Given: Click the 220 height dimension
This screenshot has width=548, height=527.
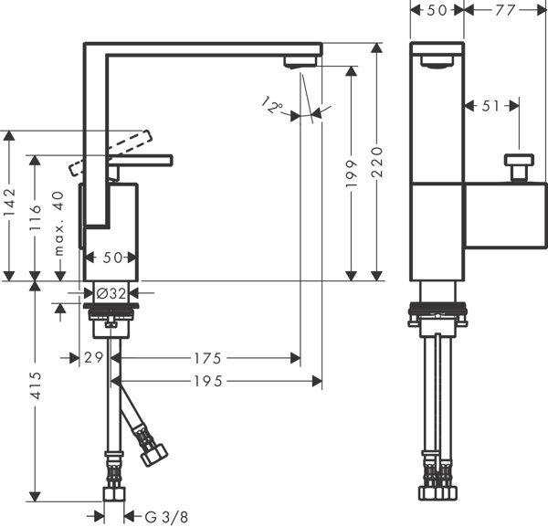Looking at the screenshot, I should (376, 162).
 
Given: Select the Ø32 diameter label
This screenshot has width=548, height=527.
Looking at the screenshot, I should (111, 293).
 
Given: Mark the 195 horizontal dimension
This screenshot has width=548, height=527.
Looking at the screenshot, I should (216, 379).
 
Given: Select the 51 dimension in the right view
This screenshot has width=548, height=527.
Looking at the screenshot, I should (491, 106).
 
